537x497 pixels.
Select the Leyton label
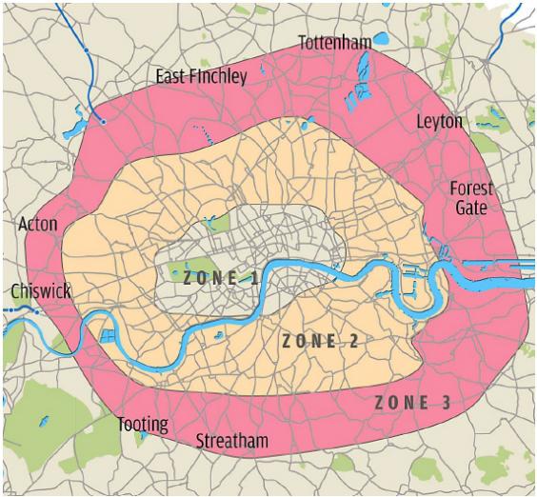439,122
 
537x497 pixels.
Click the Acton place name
38,225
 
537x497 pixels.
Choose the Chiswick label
41,291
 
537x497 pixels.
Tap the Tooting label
143,424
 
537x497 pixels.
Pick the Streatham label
231,441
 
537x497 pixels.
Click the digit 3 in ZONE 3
446,402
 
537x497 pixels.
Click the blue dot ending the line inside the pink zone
103,121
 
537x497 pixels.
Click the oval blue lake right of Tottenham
383,40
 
